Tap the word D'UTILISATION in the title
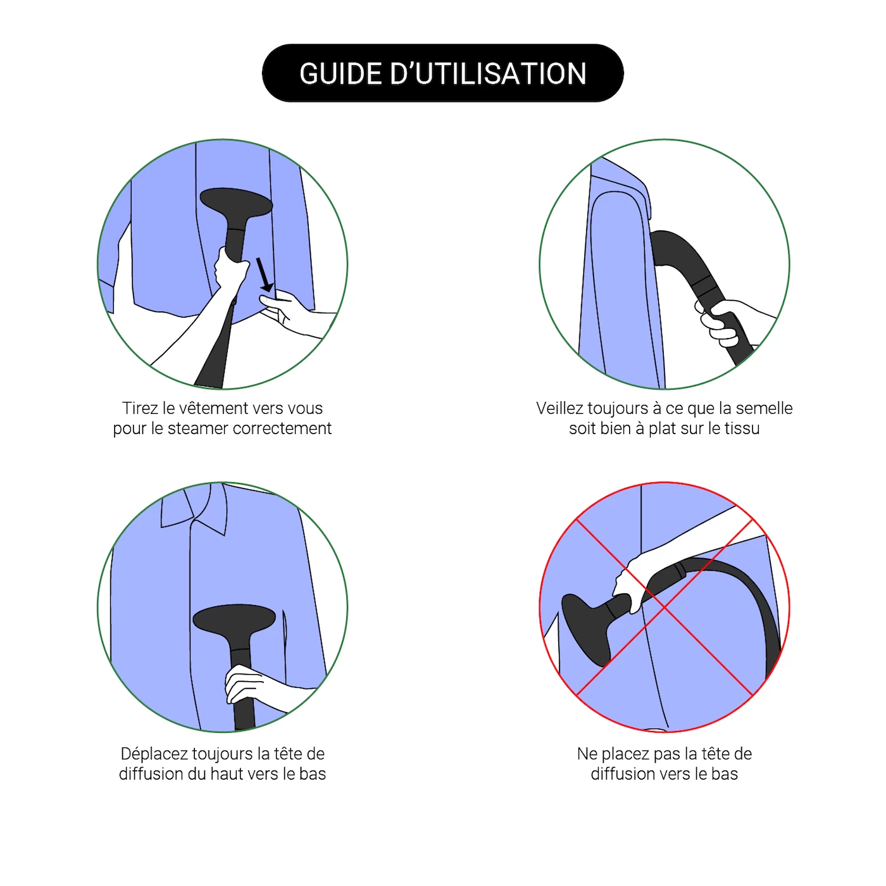(x=489, y=73)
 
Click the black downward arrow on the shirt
(x=264, y=275)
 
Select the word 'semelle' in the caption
(x=764, y=408)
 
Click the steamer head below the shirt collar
(x=234, y=619)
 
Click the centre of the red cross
(x=664, y=608)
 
